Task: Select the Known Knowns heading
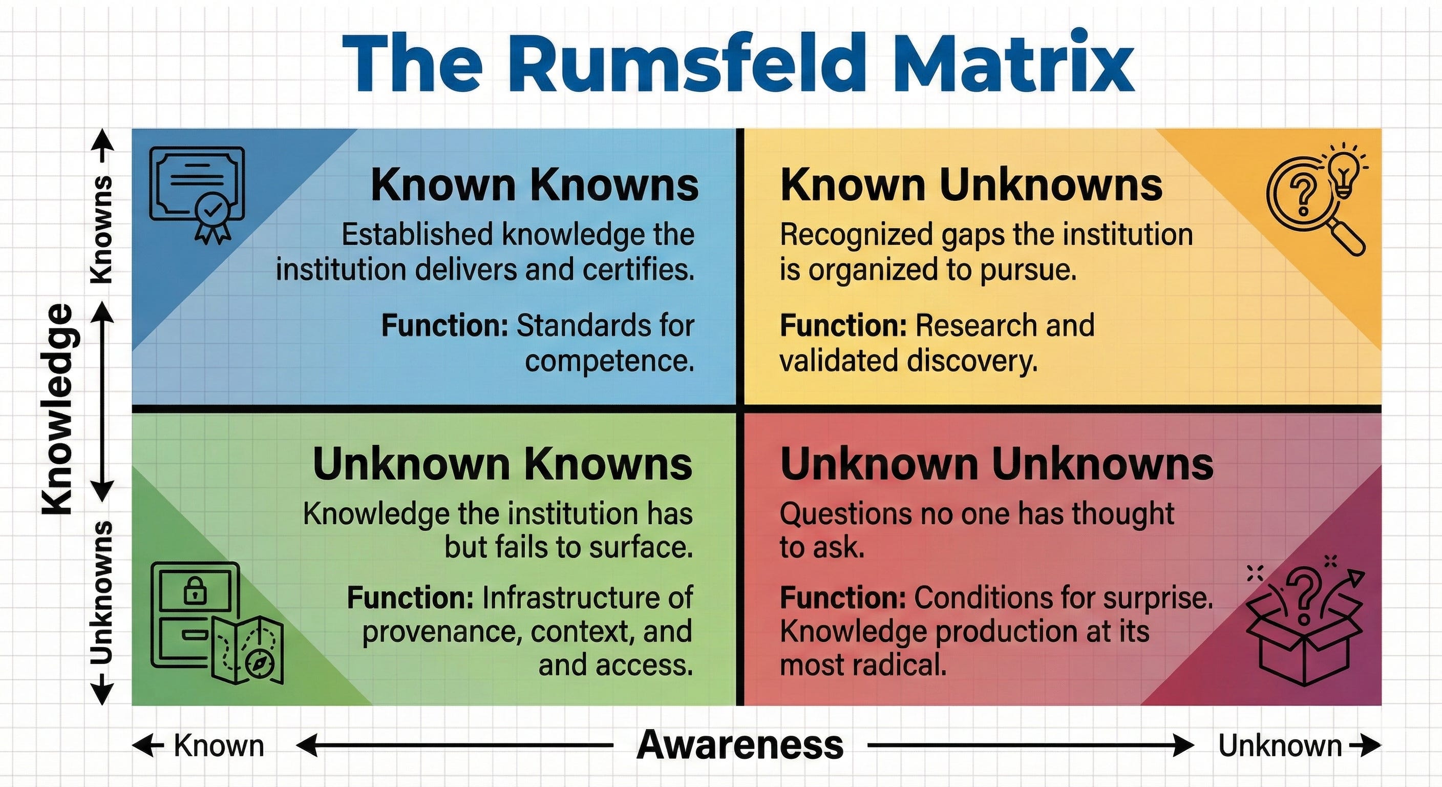[x=534, y=185]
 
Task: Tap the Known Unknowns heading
[x=971, y=185]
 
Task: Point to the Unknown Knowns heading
[x=502, y=464]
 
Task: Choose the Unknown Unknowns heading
[x=996, y=464]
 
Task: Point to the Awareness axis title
[x=740, y=745]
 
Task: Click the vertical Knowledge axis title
[x=58, y=409]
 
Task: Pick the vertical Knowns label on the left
[x=102, y=230]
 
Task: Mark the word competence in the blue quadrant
[x=609, y=361]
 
